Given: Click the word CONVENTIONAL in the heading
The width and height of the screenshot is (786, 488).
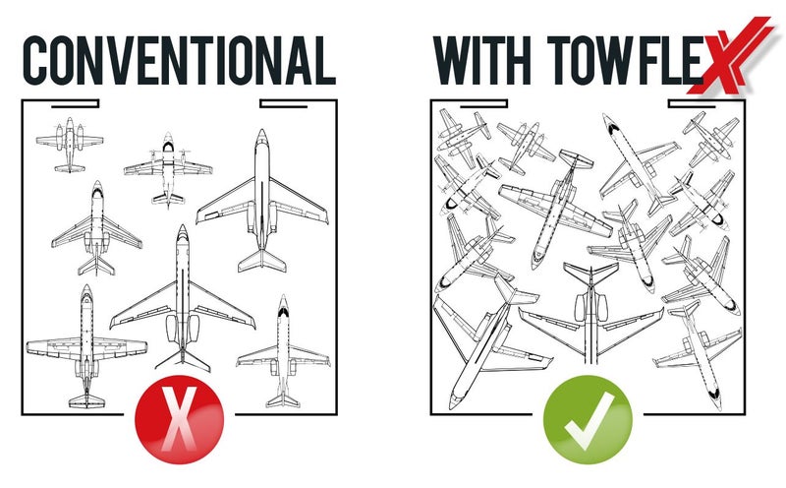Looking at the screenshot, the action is click(179, 60).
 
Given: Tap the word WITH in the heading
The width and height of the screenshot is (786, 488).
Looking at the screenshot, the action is click(481, 60).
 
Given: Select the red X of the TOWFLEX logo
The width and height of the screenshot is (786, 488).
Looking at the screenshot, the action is click(730, 55).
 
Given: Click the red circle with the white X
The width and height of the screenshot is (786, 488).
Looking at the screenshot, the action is click(179, 420).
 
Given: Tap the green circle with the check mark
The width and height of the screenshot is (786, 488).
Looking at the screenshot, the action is click(588, 420).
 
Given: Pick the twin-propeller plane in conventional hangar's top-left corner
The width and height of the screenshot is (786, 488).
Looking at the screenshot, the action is click(70, 145).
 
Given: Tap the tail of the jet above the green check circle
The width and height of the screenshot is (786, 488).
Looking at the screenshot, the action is click(591, 273).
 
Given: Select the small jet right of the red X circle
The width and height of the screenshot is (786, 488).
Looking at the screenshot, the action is click(283, 351).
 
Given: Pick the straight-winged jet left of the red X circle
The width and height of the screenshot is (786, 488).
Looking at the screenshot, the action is click(86, 346).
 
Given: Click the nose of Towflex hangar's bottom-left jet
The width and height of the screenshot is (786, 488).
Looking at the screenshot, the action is click(453, 402).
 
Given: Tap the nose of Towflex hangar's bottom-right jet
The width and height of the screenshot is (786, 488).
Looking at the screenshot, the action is click(718, 401).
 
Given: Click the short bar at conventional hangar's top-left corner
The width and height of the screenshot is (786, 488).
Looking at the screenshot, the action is click(76, 104).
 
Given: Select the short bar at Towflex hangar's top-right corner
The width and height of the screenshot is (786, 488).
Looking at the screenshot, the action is click(693, 104).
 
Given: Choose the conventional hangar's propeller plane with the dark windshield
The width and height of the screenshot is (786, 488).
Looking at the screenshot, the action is click(168, 168).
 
